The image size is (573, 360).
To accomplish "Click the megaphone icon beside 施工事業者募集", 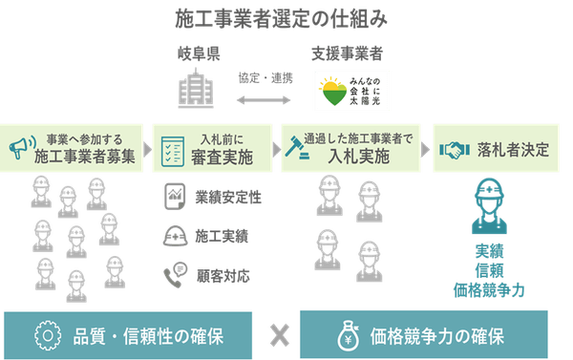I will coord(18,147).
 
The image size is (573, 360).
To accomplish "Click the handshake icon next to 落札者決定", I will coord(452,151).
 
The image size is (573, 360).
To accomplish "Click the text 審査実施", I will coord(222,156).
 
